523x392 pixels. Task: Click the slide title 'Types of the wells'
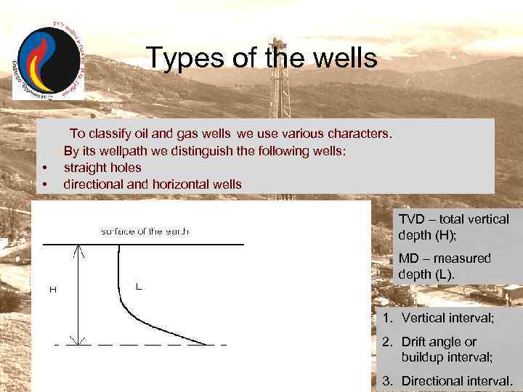(x=261, y=58)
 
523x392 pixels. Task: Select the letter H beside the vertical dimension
(x=52, y=290)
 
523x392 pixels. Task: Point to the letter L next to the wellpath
(x=138, y=287)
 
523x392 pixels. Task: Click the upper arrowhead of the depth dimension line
(x=78, y=249)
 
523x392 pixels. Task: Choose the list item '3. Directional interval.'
(x=447, y=380)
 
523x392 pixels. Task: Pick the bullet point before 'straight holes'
(x=45, y=168)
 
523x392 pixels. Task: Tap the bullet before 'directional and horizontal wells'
(x=45, y=184)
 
